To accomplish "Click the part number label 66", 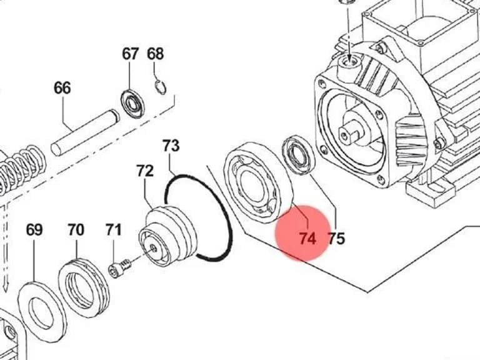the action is click(62, 88).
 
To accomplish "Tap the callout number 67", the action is click(131, 54).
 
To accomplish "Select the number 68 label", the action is click(155, 54).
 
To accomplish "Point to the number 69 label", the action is click(34, 229).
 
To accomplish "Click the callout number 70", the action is click(76, 229).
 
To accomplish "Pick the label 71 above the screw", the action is click(114, 229).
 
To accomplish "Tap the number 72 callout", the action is click(145, 171).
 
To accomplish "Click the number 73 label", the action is click(171, 146).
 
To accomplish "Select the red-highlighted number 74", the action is click(307, 238).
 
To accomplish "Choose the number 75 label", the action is click(336, 238).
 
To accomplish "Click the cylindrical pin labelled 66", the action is click(85, 132).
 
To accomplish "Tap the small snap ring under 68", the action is click(161, 87).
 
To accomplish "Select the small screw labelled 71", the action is click(120, 268).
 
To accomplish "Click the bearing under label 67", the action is click(132, 104).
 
